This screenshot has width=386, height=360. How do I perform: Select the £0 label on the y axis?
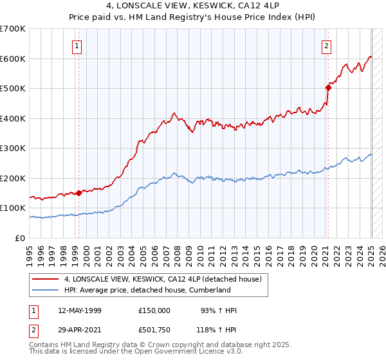coord(19,238)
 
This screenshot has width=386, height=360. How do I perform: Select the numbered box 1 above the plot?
coord(77,46)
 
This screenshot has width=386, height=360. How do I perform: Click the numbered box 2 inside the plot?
coord(327,46)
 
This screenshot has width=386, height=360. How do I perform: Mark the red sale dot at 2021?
coord(328,88)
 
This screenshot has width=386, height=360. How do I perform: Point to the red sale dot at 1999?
coord(79,193)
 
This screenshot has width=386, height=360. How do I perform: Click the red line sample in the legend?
coord(46,280)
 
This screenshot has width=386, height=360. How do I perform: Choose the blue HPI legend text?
coord(147,291)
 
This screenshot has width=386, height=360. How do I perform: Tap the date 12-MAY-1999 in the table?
coord(80,310)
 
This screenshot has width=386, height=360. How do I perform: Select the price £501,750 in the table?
coord(154,329)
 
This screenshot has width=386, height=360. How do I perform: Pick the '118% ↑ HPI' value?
coord(217,329)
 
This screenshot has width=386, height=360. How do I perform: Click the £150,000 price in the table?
coord(154,310)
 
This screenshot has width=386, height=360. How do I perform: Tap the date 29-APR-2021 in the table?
coord(80,329)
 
